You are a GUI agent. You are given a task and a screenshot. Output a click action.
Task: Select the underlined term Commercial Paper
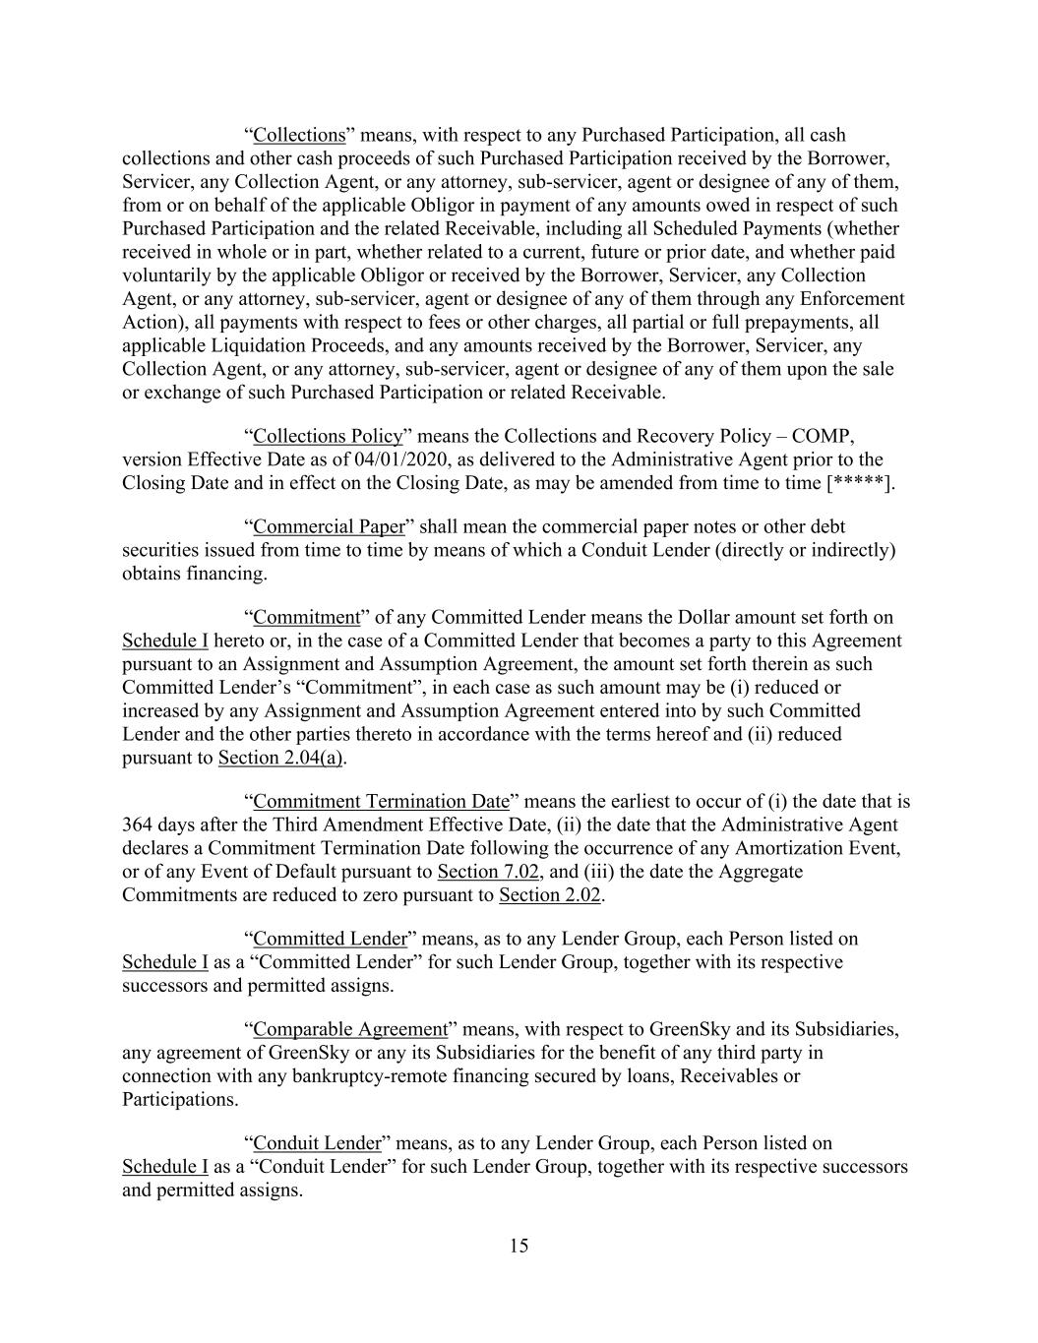[329, 526]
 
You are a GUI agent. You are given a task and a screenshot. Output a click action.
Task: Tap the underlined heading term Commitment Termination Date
[382, 801]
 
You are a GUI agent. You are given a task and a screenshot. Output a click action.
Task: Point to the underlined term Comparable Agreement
[350, 1029]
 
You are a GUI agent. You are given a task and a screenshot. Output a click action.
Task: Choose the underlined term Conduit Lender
[317, 1143]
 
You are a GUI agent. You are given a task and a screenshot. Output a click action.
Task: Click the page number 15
[519, 1246]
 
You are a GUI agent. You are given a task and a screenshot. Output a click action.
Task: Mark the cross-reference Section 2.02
[550, 895]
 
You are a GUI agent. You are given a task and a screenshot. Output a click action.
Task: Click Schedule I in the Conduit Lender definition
[164, 1167]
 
